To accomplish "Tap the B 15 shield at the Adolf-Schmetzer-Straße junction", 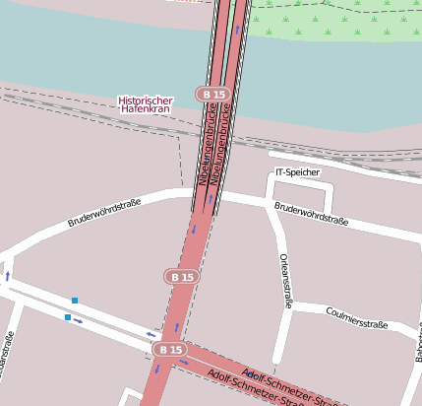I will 169,350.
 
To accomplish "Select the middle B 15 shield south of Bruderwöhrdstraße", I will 181,278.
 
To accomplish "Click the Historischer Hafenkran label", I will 145,104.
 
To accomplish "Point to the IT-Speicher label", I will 297,172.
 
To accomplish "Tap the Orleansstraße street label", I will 285,281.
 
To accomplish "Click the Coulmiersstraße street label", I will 356,319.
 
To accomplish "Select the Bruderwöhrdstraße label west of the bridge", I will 104,213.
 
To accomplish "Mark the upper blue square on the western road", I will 75,300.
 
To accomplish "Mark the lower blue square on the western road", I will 67,317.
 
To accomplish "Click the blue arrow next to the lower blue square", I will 79,320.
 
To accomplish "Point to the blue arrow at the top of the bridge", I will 237,30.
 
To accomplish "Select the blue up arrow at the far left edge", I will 8,276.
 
